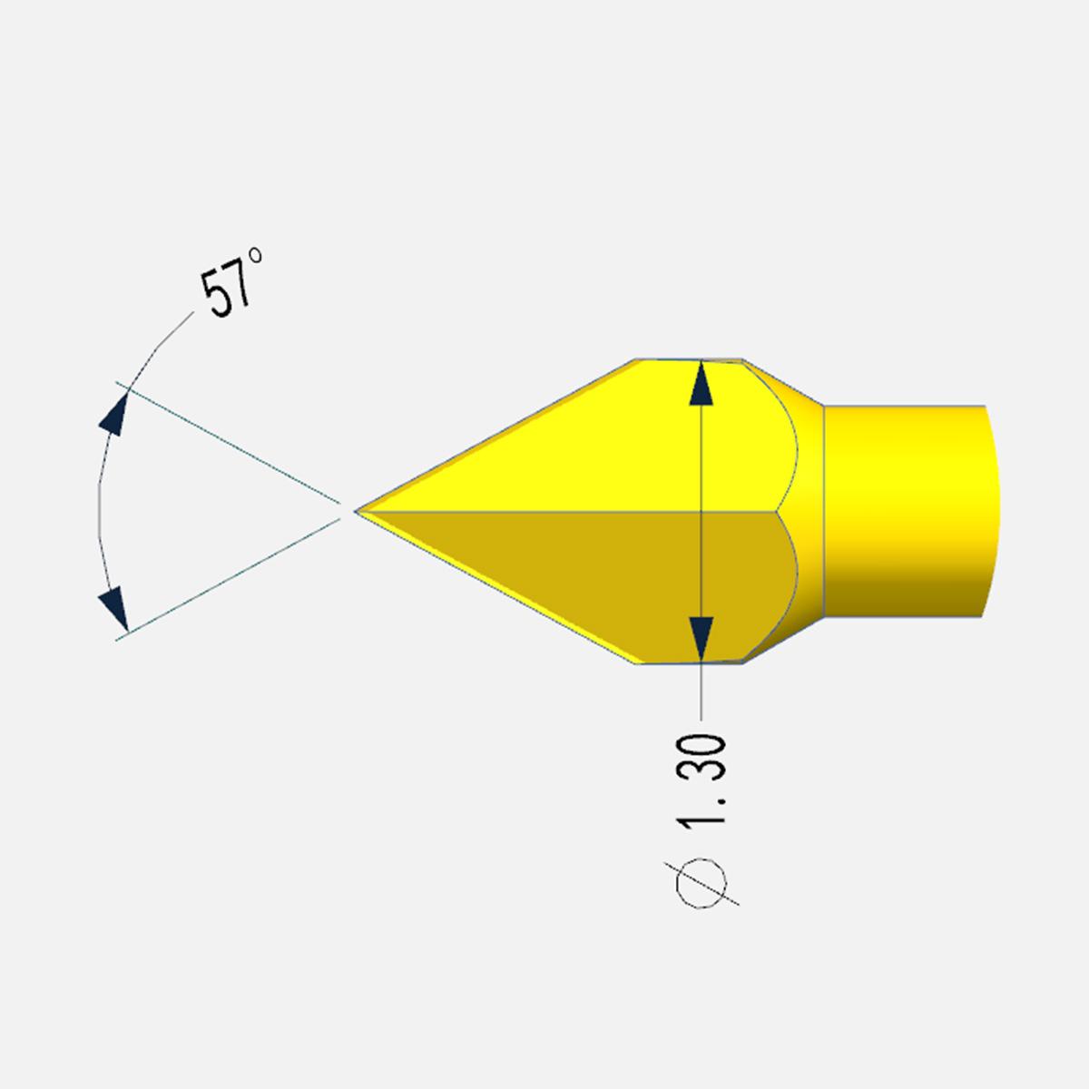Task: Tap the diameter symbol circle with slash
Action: coord(701,884)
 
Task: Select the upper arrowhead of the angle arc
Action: coord(114,414)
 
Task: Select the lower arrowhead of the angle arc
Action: coord(114,609)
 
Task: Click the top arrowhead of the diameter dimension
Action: coord(701,383)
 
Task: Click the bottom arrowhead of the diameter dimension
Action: coord(701,639)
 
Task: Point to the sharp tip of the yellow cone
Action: coord(356,512)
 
